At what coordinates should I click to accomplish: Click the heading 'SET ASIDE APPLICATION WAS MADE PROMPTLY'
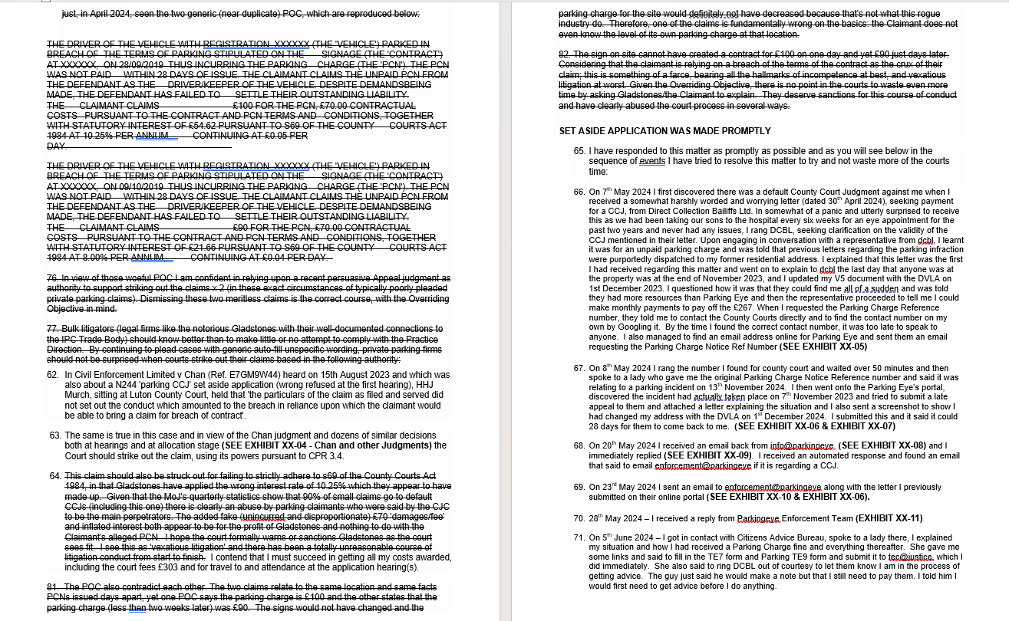coord(665,131)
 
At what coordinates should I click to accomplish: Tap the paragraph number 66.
coord(579,192)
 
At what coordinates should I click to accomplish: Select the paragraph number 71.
coord(579,537)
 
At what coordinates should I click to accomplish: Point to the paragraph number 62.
coord(53,375)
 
